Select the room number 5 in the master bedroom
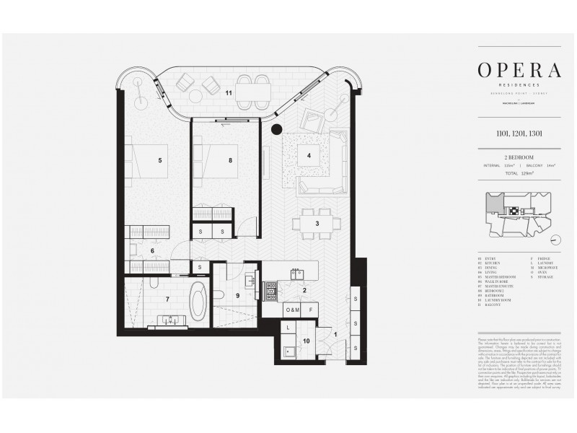point(160,160)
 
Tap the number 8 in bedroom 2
point(229,160)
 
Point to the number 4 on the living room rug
point(309,155)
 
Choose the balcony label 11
point(229,92)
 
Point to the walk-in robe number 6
point(151,251)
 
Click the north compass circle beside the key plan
point(554,240)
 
